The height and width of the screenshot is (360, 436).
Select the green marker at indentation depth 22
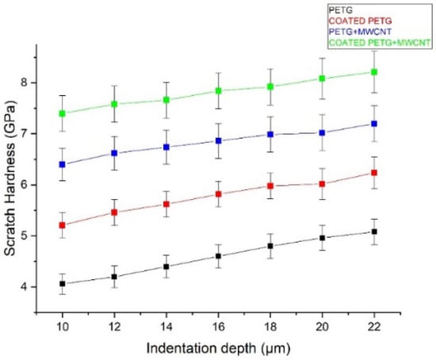coord(396,72)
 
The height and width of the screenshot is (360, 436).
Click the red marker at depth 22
coord(396,172)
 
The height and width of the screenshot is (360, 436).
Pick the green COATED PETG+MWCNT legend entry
coord(369,42)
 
